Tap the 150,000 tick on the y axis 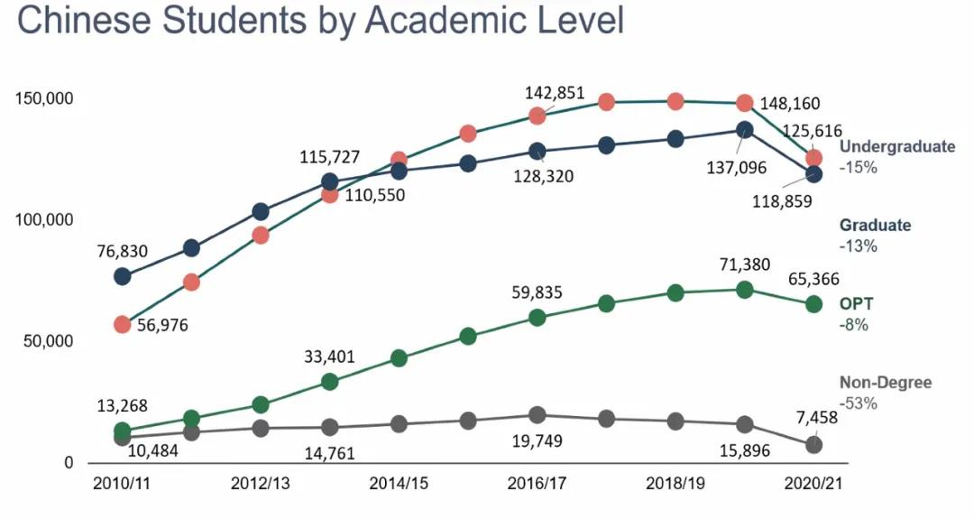(x=43, y=97)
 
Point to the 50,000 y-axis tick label (x=47, y=341)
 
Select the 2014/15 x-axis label (x=399, y=483)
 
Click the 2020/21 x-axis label (x=813, y=483)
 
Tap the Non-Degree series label (x=886, y=383)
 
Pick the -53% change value (x=858, y=403)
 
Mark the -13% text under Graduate (x=858, y=246)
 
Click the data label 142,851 (x=555, y=93)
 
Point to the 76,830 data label (x=122, y=252)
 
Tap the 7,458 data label (x=818, y=416)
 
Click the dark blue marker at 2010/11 (x=123, y=276)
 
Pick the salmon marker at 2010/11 (x=123, y=324)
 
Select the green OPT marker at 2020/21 (x=813, y=304)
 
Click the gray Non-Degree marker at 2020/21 (x=813, y=444)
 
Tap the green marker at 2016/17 (x=538, y=318)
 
